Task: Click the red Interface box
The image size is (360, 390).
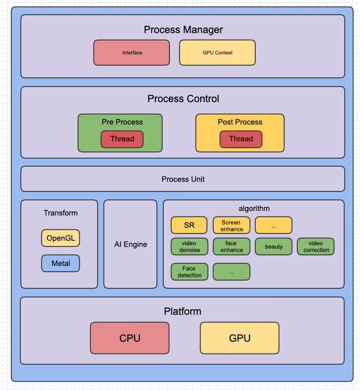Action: pos(132,53)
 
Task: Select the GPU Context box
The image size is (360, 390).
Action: pos(217,53)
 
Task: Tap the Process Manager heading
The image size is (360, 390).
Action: pos(183,30)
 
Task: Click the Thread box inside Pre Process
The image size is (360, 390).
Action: pos(122,139)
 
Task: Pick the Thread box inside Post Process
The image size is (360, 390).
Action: pos(241,139)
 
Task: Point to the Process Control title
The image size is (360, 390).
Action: pos(183,99)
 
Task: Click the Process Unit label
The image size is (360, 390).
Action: pos(183,179)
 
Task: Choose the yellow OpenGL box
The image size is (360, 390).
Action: pos(60,238)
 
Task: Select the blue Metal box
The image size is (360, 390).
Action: pos(60,263)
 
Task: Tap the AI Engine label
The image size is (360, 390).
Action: pos(130,244)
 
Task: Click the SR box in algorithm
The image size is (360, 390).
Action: pos(189,225)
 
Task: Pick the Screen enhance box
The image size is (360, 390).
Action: pos(231,226)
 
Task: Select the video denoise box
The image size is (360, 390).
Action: pos(189,246)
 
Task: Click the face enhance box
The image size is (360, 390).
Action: pos(231,246)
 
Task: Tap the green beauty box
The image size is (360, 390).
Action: pos(274,246)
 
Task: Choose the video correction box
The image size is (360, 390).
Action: pos(316,246)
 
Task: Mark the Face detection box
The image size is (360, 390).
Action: pos(189,272)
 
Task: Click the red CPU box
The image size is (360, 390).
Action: pos(130,338)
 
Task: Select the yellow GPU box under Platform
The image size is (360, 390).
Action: pos(239,338)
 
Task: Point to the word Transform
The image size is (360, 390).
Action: pos(61,213)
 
